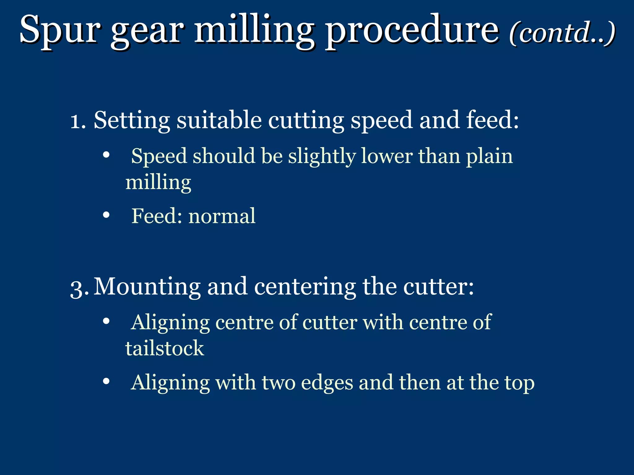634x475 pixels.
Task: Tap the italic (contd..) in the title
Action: tap(562, 33)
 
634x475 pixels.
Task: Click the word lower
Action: tap(386, 156)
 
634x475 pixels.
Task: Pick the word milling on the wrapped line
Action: tap(158, 182)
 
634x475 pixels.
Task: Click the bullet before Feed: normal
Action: tap(106, 215)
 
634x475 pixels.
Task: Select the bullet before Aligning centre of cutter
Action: tap(106, 321)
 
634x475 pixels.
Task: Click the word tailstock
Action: tap(164, 349)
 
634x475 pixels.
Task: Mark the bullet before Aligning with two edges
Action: tap(106, 382)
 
